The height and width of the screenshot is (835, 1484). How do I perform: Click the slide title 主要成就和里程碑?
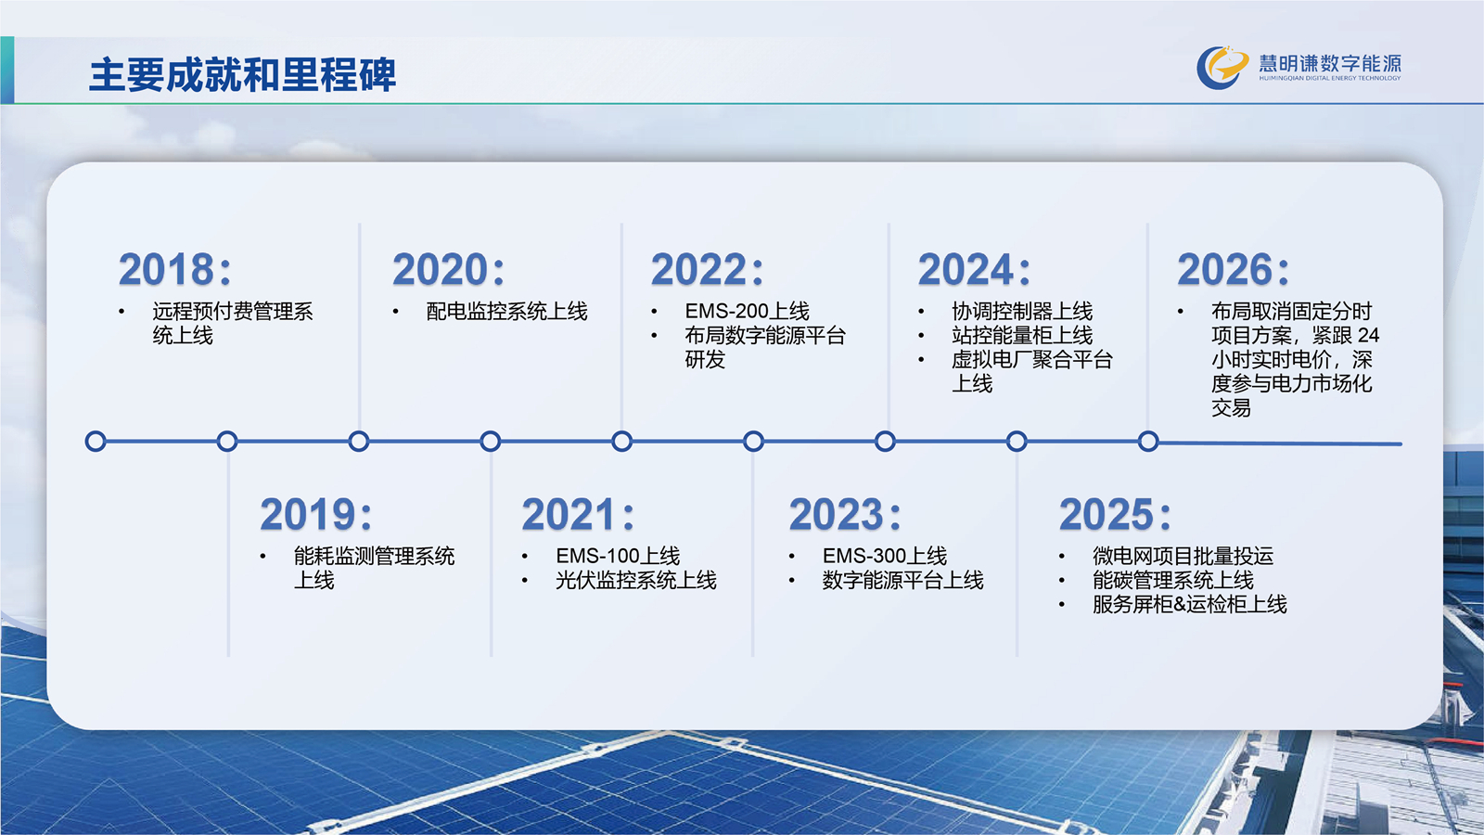(x=242, y=74)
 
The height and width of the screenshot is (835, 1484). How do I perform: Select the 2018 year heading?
(x=175, y=269)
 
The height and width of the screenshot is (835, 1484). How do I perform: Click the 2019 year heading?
(x=316, y=514)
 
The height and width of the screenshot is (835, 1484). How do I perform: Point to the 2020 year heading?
(x=449, y=269)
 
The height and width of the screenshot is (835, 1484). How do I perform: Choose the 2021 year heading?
(x=578, y=514)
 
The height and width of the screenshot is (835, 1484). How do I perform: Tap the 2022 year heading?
(x=707, y=269)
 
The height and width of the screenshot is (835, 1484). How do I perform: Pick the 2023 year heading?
(x=845, y=514)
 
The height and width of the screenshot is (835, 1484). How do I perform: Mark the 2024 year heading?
(x=974, y=269)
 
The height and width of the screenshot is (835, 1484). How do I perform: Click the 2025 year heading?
(x=1115, y=514)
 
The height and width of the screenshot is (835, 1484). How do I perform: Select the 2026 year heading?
(x=1233, y=269)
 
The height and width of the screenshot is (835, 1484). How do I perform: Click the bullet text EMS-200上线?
(x=748, y=311)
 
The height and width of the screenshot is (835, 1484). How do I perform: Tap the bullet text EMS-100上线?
(x=618, y=556)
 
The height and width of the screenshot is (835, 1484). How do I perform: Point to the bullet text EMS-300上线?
(x=885, y=556)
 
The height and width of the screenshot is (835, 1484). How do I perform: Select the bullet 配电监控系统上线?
(x=506, y=311)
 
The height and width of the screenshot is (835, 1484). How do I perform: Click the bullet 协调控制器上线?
(x=1022, y=311)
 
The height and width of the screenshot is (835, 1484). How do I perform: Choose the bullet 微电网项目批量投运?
(x=1183, y=556)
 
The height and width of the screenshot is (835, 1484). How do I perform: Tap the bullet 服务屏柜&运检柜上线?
(x=1190, y=604)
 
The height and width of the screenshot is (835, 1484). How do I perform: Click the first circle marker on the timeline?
(x=96, y=442)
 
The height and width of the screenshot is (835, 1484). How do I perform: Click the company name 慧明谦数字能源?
(x=1330, y=64)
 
